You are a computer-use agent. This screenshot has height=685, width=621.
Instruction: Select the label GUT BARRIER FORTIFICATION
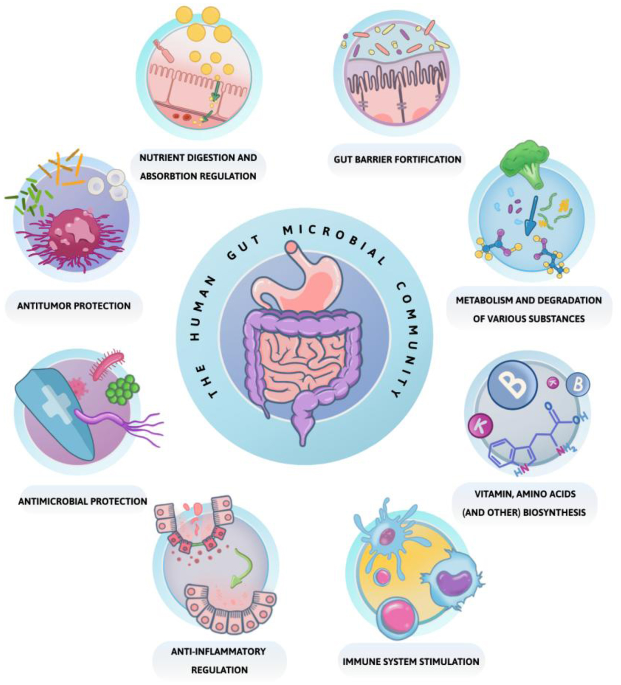pyautogui.click(x=397, y=159)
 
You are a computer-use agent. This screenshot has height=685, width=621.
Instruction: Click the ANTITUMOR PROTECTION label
pyautogui.click(x=74, y=306)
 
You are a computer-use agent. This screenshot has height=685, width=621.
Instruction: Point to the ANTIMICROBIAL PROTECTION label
pyautogui.click(x=83, y=502)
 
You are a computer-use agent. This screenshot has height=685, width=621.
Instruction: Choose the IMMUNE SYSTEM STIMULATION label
pyautogui.click(x=411, y=661)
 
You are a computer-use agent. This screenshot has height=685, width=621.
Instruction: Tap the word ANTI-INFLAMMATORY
pyautogui.click(x=218, y=652)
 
